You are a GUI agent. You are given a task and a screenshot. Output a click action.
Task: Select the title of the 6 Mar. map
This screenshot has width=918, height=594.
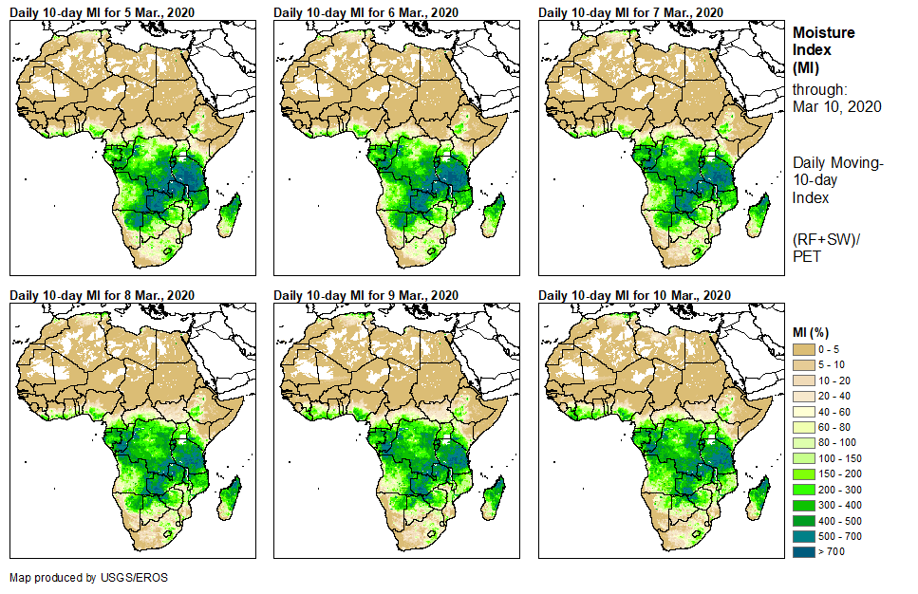pyautogui.click(x=365, y=11)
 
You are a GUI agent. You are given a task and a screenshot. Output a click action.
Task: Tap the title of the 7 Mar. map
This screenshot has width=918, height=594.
pyautogui.click(x=630, y=11)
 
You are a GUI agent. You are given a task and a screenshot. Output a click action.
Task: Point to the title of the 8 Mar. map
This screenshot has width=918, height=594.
pyautogui.click(x=102, y=295)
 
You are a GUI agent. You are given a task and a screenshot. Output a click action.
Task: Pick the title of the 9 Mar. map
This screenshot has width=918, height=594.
pyautogui.click(x=365, y=295)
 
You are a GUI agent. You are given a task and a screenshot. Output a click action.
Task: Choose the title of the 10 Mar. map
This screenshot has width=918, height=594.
pyautogui.click(x=633, y=295)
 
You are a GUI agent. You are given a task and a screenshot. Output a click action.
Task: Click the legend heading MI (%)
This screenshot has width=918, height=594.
pyautogui.click(x=814, y=331)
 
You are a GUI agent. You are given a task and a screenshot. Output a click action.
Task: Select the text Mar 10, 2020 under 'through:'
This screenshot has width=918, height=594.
pyautogui.click(x=837, y=106)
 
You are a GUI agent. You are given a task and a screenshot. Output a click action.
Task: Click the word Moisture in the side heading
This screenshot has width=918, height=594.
pyautogui.click(x=824, y=32)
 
